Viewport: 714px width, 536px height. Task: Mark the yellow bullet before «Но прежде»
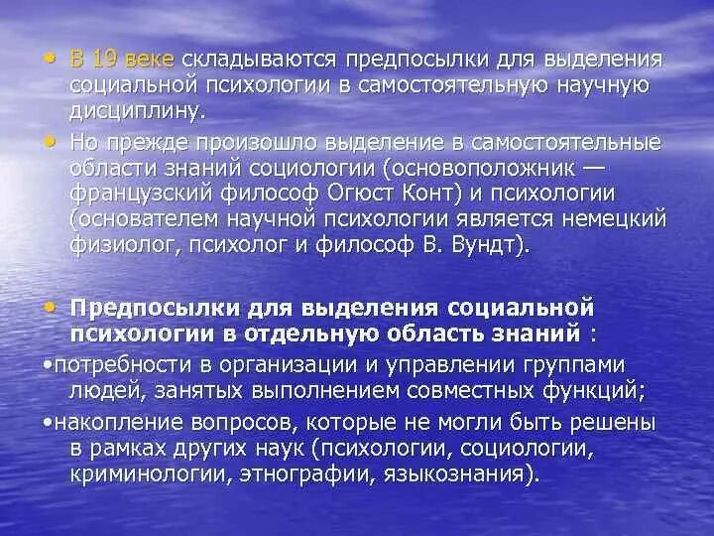pos(51,141)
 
